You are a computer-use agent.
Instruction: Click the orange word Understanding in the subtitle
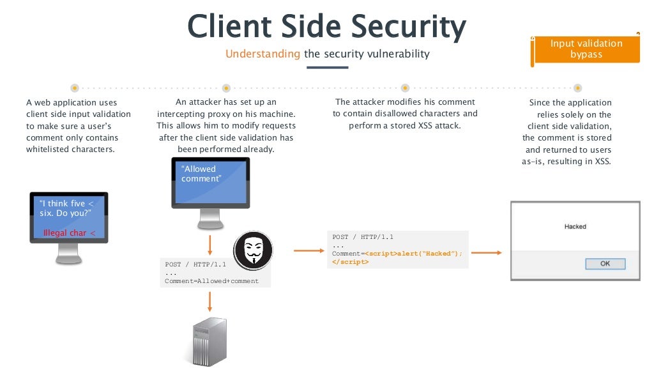point(262,54)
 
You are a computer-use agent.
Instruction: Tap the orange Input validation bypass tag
point(586,49)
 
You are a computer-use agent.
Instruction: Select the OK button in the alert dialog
point(604,263)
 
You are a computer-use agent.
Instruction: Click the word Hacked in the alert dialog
point(575,227)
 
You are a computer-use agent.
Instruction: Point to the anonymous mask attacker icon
point(253,251)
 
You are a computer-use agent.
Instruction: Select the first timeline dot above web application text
point(75,88)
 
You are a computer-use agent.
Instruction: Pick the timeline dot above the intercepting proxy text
point(225,88)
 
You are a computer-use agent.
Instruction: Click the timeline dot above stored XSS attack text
point(405,88)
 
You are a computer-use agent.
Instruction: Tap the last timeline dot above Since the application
point(577,88)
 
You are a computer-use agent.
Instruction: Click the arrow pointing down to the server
point(209,301)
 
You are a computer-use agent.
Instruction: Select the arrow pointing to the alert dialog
point(489,252)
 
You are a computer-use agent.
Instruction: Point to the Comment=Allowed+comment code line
point(211,281)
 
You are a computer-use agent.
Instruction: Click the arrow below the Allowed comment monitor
point(209,243)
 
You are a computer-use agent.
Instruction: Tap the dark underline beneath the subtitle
point(327,67)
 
